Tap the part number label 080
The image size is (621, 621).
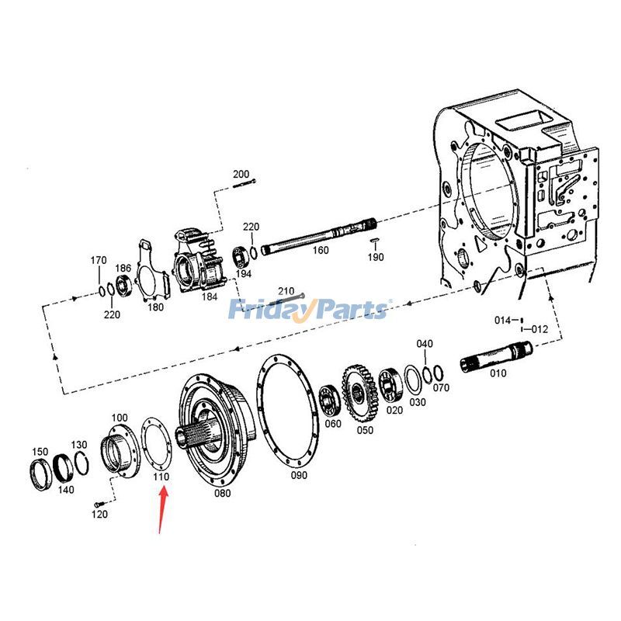222,492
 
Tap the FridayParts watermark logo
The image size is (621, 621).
307,310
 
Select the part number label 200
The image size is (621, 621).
241,174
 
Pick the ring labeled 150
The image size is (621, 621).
40,472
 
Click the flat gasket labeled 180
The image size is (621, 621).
152,272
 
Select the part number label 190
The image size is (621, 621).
376,257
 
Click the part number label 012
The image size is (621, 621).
539,329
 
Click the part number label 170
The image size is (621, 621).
98,259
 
